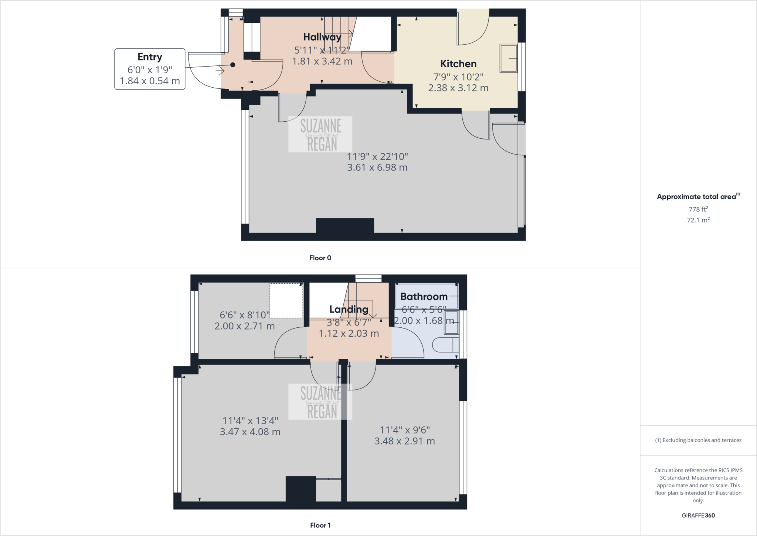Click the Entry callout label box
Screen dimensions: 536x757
[150, 69]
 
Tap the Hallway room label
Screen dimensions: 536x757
[322, 37]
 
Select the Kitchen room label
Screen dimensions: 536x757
[458, 64]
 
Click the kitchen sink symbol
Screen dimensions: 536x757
[509, 58]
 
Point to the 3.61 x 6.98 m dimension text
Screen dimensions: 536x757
[377, 168]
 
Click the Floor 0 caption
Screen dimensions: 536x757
[320, 258]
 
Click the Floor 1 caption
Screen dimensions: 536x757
[320, 525]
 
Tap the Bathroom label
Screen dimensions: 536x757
[424, 296]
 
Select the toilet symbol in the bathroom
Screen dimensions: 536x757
[445, 345]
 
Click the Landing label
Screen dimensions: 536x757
[349, 309]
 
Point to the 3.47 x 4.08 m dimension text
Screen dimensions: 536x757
[250, 432]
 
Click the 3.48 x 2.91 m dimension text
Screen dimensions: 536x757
[404, 441]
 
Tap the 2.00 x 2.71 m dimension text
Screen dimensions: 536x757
[244, 326]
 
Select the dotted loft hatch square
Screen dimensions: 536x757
[286, 300]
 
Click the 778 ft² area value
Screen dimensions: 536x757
[698, 209]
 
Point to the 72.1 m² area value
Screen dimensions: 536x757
[698, 220]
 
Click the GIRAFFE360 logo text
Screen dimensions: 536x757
[698, 515]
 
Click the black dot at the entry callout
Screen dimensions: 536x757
[232, 65]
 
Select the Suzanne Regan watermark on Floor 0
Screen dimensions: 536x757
[320, 135]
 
